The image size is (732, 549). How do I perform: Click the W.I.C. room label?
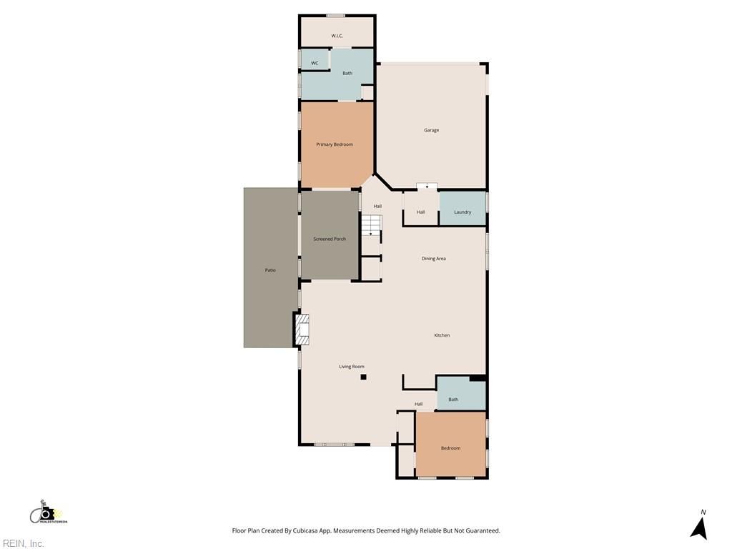tap(337, 36)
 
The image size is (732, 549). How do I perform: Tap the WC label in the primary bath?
tap(315, 63)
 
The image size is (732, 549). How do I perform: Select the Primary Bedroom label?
tap(335, 144)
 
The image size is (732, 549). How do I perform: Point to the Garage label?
tap(431, 130)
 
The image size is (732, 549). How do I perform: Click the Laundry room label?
tap(463, 212)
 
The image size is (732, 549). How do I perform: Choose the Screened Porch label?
tap(330, 239)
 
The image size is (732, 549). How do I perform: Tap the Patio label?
tap(270, 269)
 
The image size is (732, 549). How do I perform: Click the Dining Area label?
tap(434, 259)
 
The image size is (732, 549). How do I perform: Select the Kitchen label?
tap(442, 335)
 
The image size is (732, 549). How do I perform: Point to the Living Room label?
tap(352, 367)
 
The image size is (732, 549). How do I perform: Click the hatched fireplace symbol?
tap(302, 330)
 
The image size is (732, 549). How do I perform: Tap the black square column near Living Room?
tap(363, 377)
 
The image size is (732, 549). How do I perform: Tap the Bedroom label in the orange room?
tap(450, 448)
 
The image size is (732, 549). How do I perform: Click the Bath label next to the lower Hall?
tap(453, 400)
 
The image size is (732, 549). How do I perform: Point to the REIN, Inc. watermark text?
tap(22, 543)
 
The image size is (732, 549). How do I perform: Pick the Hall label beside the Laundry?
tap(420, 212)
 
